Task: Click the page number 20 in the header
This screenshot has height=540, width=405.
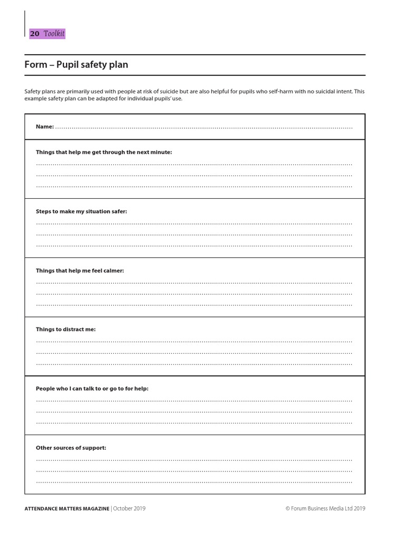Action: [x=34, y=33]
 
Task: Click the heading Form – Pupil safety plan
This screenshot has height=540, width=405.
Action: [x=76, y=65]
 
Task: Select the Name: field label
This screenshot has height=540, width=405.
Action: [x=45, y=127]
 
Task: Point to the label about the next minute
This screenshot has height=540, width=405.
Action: [x=104, y=152]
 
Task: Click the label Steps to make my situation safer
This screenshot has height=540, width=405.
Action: [x=81, y=211]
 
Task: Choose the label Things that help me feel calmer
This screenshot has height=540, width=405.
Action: [x=80, y=271]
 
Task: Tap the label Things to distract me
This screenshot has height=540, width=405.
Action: [x=66, y=329]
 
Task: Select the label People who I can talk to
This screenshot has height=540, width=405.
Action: [x=92, y=389]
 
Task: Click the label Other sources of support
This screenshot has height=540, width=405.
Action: [x=71, y=448]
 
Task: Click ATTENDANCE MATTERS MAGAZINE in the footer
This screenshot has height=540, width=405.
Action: [x=67, y=508]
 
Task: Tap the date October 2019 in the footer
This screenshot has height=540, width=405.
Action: [x=129, y=508]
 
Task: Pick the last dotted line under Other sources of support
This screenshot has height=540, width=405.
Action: [x=194, y=482]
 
